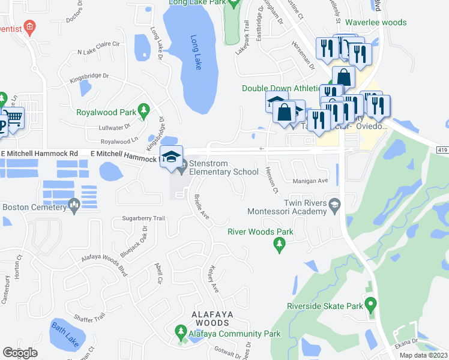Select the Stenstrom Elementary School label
tap(223, 167)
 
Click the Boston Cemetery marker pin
tap(74, 206)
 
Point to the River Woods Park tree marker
tap(279, 244)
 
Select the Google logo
tap(20, 353)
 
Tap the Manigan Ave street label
tap(311, 181)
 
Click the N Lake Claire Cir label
tap(99, 48)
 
